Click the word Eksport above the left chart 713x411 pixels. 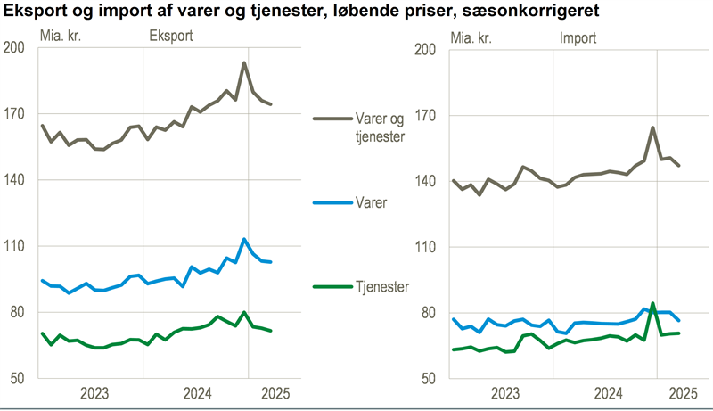[x=170, y=37]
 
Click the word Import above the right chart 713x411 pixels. [x=578, y=37]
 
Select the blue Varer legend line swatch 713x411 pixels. [x=332, y=202]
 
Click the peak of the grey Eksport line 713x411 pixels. [x=244, y=62]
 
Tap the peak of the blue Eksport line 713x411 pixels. [x=244, y=239]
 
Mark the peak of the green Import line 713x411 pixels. [x=653, y=303]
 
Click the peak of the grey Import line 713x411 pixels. [x=653, y=127]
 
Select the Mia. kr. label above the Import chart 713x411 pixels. [x=471, y=37]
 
